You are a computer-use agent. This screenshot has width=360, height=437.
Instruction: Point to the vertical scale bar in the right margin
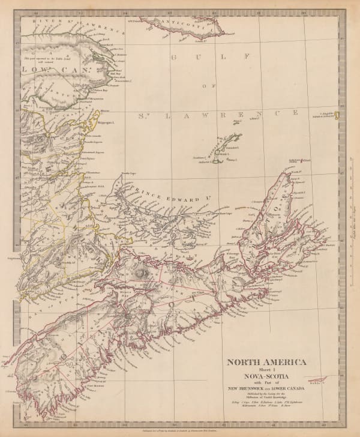(x=350, y=198)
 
